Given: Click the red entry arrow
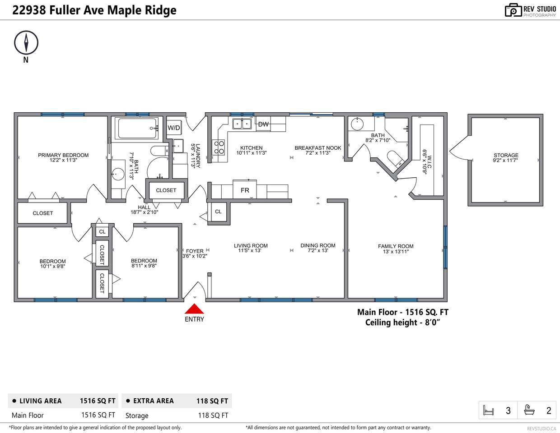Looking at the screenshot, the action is coord(194,309).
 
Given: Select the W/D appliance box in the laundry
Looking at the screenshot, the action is coord(174,128).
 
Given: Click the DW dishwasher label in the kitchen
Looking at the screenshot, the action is coord(263,124).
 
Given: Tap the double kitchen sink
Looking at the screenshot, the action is coord(242,124).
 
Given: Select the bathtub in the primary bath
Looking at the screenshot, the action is coord(137,129).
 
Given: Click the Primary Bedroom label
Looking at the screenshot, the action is coord(63,155).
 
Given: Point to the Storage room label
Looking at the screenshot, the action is coord(506,155).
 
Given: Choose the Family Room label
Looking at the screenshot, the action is coord(396,246).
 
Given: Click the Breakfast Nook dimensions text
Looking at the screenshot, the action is coord(318,153).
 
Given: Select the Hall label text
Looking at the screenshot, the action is coord(144,207).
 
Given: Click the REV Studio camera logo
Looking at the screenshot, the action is coord(513,10).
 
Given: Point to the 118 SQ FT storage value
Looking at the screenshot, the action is coord(213,415).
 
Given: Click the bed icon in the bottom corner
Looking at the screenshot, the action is coord(488,410).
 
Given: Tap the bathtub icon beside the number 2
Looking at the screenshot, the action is coord(529,410).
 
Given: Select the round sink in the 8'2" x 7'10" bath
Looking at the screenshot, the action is coord(357,124).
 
